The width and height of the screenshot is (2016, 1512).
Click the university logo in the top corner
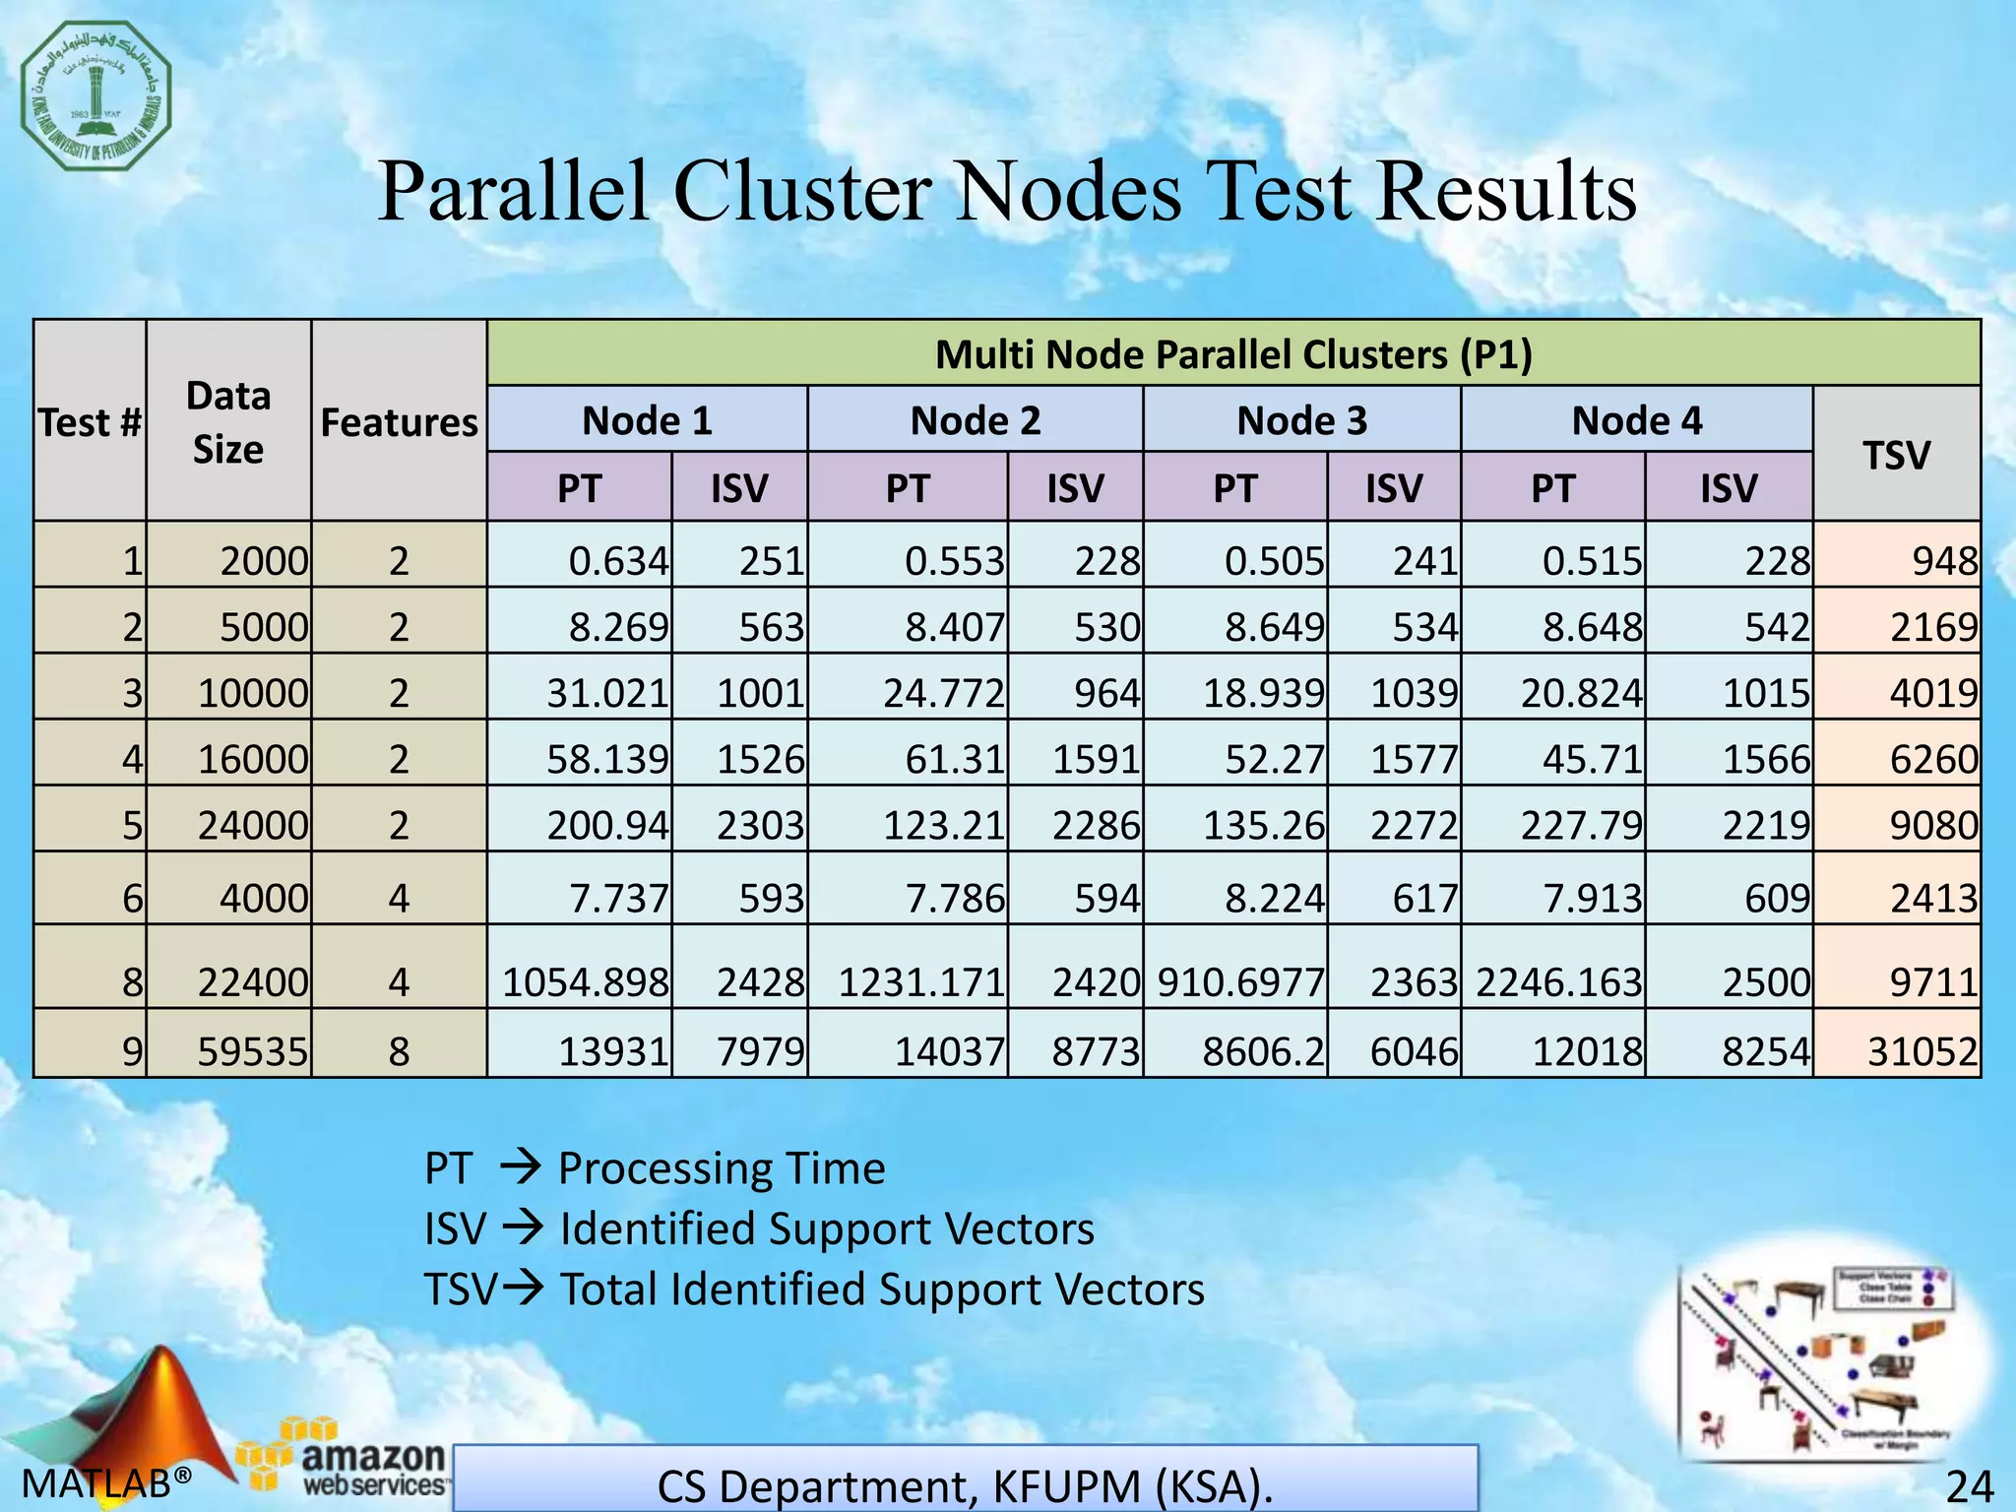[96, 95]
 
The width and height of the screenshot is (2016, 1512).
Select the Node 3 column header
[1301, 420]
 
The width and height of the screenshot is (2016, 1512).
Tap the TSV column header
[1896, 455]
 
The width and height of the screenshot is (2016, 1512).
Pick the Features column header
[399, 422]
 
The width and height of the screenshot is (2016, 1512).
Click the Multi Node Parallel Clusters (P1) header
[1233, 354]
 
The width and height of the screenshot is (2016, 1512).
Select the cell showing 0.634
[618, 561]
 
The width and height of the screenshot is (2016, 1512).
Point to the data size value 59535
[253, 1052]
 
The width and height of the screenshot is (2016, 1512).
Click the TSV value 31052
[1922, 1052]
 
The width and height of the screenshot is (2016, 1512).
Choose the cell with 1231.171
[921, 982]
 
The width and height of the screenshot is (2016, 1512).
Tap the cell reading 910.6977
[1241, 982]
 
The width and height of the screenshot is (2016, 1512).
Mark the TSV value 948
[1944, 561]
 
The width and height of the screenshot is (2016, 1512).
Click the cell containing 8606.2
[1264, 1052]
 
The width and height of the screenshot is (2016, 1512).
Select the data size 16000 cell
[253, 759]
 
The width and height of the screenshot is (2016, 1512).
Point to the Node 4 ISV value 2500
[1766, 982]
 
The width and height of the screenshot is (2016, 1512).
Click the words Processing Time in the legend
[722, 1168]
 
